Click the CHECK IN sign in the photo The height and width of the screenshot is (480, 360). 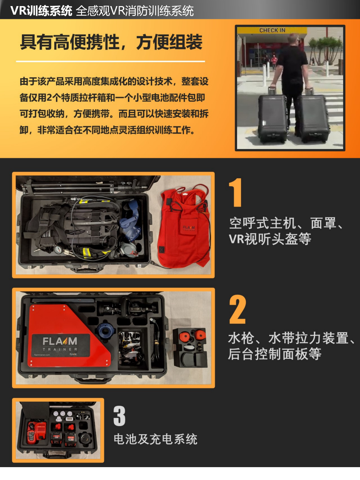tap(272, 30)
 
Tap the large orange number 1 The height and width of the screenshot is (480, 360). tap(235, 192)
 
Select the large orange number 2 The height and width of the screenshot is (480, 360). tap(237, 309)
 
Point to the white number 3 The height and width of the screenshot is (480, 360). tap(119, 416)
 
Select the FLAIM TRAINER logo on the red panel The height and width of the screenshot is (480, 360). tap(60, 344)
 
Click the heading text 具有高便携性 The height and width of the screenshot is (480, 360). tap(70, 42)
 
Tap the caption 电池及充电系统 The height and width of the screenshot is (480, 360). tap(155, 439)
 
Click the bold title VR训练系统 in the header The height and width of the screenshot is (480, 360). tap(41, 10)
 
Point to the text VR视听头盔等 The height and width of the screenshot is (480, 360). tap(270, 239)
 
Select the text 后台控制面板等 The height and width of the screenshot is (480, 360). tap(275, 354)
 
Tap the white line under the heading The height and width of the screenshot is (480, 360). tap(110, 61)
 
